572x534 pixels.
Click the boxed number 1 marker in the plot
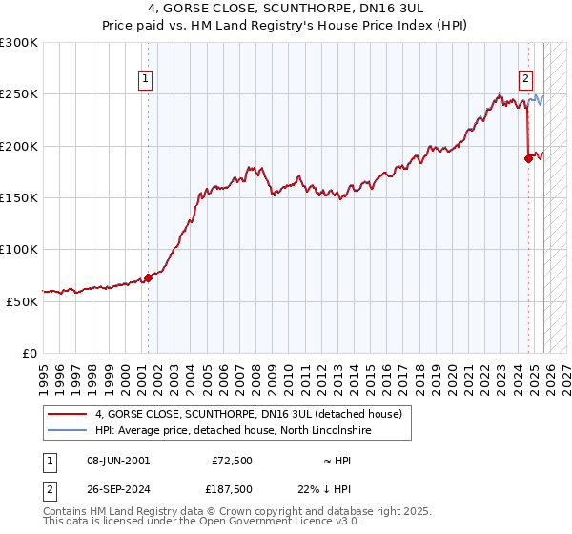[147, 80]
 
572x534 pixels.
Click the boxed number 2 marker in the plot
[525, 80]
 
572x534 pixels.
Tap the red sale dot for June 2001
[148, 278]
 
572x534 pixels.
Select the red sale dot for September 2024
[528, 159]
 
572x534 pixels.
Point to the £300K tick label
[19, 43]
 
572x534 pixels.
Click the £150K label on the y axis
[19, 197]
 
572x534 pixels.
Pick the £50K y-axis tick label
[22, 301]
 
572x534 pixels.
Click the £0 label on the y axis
[30, 353]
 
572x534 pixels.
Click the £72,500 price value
[232, 461]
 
